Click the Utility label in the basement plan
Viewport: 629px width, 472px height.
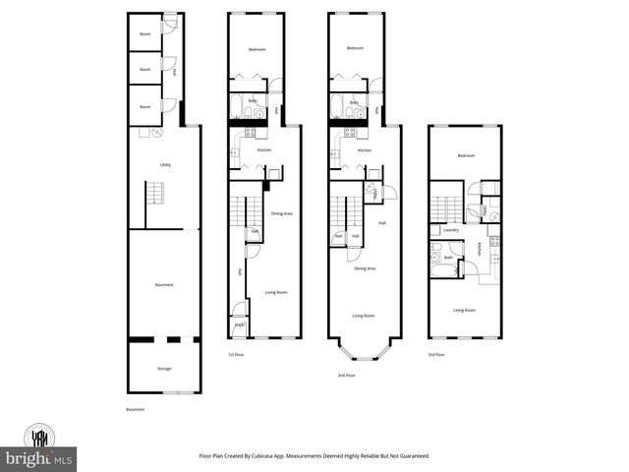(165, 165)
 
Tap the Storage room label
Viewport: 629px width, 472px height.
(164, 371)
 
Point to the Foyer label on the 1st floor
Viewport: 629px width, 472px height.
(239, 325)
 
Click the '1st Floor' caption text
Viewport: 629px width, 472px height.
(236, 355)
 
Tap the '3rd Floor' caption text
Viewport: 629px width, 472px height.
(435, 355)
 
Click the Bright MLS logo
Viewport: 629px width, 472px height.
(40, 458)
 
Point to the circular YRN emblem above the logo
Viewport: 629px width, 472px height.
(41, 437)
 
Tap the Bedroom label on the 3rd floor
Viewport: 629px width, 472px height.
(465, 156)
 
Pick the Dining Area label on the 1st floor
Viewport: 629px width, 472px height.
(281, 213)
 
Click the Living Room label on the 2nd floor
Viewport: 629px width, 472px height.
(364, 316)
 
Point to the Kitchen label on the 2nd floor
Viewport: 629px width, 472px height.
(364, 150)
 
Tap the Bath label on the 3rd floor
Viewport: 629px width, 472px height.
(448, 259)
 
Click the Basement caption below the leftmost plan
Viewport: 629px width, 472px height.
(136, 409)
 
